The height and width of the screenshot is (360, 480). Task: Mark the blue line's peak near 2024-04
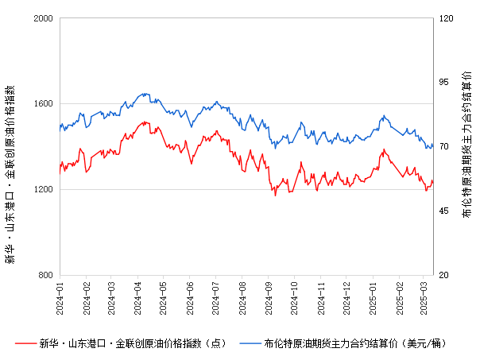coord(144,93)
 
